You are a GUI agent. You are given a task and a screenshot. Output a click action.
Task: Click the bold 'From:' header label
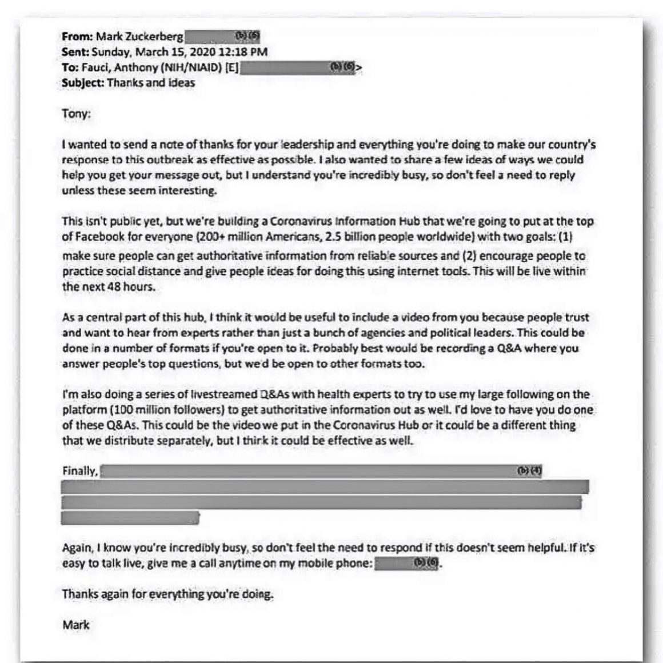77,37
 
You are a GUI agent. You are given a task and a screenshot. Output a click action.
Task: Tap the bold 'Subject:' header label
82,83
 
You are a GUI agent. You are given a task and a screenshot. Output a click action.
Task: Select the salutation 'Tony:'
76,113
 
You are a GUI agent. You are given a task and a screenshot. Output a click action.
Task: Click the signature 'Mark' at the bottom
76,624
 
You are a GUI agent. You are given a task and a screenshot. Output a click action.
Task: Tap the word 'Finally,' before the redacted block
79,471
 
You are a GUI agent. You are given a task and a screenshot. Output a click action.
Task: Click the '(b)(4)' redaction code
529,471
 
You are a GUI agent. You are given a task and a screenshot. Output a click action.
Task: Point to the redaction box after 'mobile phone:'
408,564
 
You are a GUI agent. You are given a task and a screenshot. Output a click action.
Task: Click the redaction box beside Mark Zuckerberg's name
222,37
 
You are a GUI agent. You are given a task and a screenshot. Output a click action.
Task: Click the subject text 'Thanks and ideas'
151,83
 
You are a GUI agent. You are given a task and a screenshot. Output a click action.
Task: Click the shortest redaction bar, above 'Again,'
130,518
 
